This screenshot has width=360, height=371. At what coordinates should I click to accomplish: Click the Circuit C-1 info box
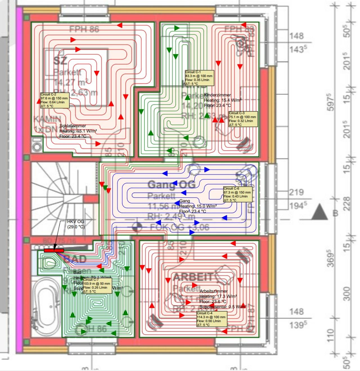tap(199, 78)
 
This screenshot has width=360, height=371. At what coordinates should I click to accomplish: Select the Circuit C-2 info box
tap(55, 100)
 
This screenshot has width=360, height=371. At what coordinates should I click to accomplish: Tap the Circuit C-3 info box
tap(243, 119)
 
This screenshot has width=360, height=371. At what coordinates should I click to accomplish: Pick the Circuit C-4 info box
tap(212, 319)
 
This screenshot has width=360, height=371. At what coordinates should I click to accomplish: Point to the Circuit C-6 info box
tap(238, 194)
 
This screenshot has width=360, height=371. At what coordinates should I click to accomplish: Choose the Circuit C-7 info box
tap(97, 285)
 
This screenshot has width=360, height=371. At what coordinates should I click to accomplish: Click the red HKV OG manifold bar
tap(54, 250)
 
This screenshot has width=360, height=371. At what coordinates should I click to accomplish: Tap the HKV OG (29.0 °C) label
tap(76, 224)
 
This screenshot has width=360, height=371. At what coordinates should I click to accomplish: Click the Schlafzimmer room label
tap(73, 126)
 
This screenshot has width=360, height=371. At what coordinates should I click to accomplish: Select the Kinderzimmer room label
tap(217, 95)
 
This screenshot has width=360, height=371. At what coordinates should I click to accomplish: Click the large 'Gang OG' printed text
tap(171, 185)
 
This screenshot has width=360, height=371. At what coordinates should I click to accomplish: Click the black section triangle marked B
tap(319, 213)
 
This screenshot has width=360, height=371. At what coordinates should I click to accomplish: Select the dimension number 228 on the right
tap(347, 204)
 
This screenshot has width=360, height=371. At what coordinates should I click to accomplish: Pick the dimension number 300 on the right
tap(347, 294)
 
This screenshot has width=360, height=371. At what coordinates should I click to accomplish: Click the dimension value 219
tap(296, 193)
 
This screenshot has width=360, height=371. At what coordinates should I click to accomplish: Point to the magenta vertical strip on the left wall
tap(19, 180)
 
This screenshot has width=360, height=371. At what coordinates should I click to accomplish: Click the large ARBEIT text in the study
tap(193, 277)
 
